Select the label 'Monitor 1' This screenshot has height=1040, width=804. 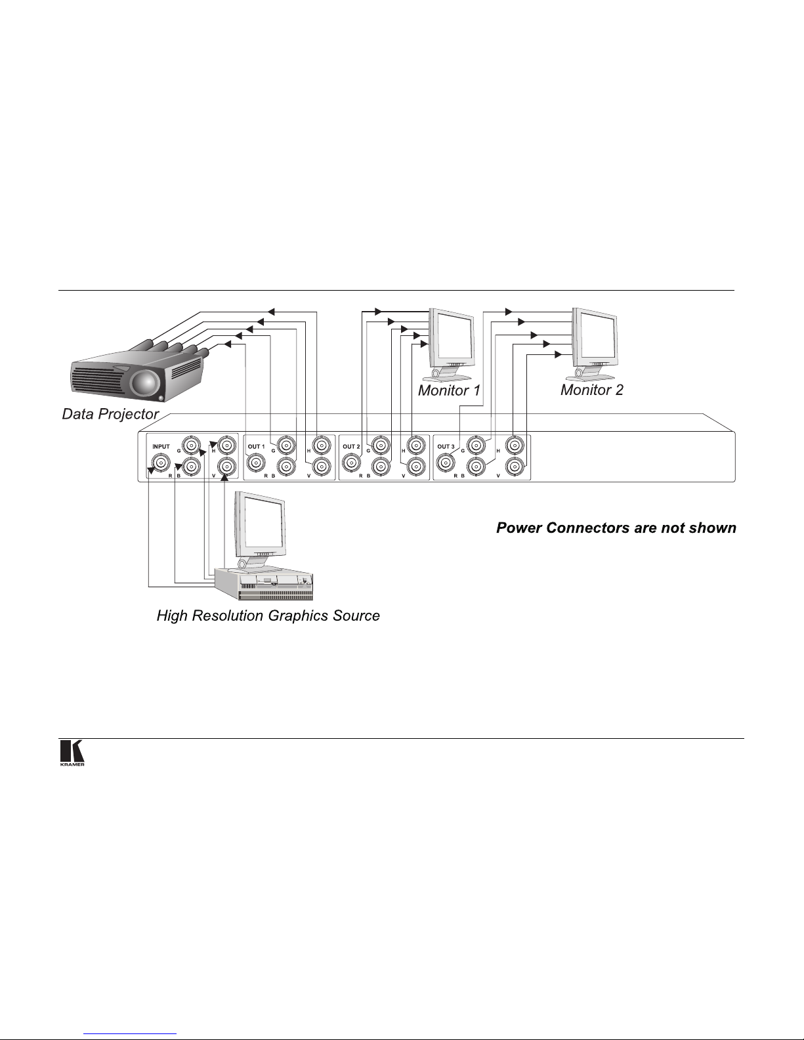pyautogui.click(x=449, y=390)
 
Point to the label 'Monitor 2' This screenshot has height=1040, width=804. pyautogui.click(x=591, y=390)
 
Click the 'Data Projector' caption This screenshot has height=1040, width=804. pyautogui.click(x=110, y=414)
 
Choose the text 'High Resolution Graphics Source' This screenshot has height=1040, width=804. pyautogui.click(x=268, y=615)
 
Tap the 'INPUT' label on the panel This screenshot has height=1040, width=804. pyautogui.click(x=161, y=447)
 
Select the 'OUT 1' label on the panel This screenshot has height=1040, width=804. pyautogui.click(x=256, y=447)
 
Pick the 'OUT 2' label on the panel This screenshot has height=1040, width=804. pyautogui.click(x=351, y=447)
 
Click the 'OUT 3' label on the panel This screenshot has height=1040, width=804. pyautogui.click(x=446, y=447)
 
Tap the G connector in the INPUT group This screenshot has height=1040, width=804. pyautogui.click(x=191, y=446)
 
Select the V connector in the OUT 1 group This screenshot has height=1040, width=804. pyautogui.click(x=320, y=467)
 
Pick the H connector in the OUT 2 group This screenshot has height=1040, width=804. pyautogui.click(x=415, y=446)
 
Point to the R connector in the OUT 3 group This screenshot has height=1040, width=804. pyautogui.click(x=446, y=464)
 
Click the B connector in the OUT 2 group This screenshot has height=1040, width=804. pyautogui.click(x=379, y=467)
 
